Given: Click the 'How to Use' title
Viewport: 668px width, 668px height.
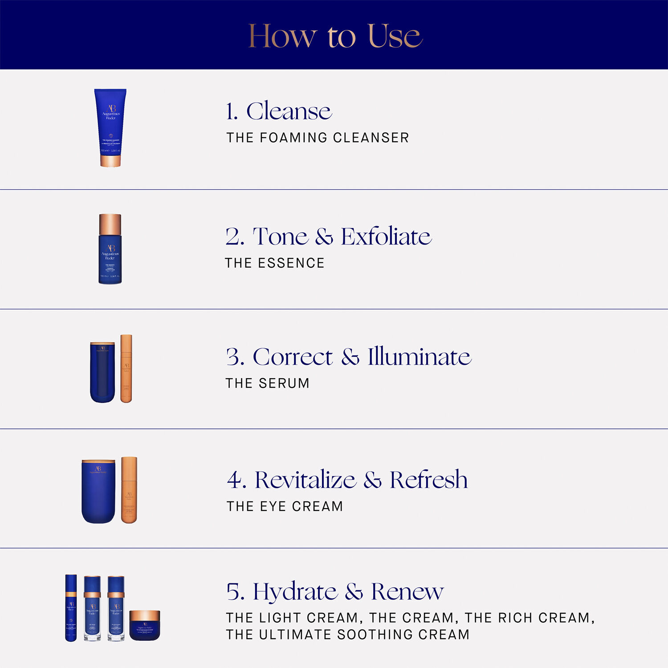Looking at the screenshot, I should pos(335,36).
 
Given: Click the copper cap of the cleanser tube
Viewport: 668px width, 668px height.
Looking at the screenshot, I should pos(110,161).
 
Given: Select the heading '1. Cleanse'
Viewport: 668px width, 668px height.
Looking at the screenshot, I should pos(279,111).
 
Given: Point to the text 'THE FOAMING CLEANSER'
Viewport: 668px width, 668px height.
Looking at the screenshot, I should pos(318,138).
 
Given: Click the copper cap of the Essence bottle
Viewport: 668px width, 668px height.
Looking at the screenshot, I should pos(110,224).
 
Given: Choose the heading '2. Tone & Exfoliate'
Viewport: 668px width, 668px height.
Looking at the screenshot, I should pos(328,236).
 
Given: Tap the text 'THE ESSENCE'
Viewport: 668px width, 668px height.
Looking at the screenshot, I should pos(275,263).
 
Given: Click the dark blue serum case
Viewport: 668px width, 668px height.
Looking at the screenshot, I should pos(102,372).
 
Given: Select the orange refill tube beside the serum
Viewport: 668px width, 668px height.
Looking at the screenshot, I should pos(126,369).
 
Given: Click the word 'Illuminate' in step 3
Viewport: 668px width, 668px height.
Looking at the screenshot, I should pos(419,357).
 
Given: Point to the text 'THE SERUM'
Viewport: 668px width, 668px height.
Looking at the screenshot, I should pos(267,383).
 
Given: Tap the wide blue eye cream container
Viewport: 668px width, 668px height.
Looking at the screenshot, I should pos(98,491).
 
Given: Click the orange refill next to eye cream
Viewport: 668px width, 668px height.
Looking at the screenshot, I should pos(129,490).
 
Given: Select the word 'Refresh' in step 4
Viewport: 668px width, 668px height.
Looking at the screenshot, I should pos(428,480).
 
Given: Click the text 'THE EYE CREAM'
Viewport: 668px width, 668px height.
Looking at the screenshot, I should pos(285,506).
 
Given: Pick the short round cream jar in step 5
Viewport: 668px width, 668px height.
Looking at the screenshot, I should pos(144,625).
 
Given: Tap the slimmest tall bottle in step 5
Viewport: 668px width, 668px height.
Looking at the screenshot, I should pos(71,608).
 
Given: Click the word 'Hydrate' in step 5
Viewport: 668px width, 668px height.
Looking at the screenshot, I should pos(295,591).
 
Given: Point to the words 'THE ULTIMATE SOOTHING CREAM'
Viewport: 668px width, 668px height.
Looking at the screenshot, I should pos(347,635).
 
